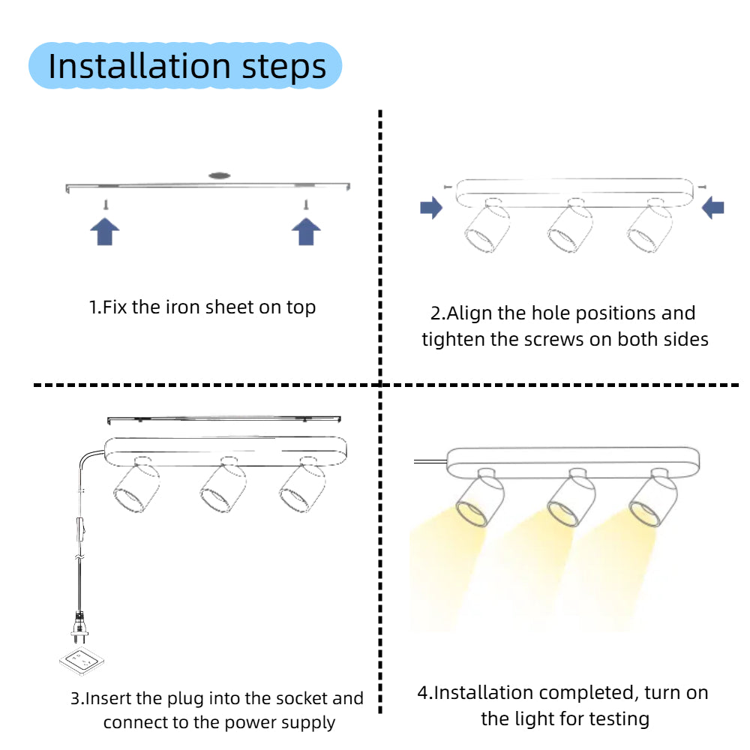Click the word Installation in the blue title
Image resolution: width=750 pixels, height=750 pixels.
[x=139, y=66]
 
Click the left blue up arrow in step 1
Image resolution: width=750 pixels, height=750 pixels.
[x=105, y=232]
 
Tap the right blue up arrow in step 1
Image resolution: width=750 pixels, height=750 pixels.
[x=306, y=232]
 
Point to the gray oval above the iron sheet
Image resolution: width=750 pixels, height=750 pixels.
[x=220, y=175]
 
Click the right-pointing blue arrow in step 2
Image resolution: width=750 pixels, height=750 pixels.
[x=431, y=208]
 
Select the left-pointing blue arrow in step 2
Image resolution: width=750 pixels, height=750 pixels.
[x=712, y=208]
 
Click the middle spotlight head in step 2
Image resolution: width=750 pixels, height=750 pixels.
[x=570, y=226]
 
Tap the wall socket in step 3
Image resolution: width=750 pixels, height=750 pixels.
[x=82, y=661]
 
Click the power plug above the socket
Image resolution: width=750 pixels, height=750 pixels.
[x=80, y=626]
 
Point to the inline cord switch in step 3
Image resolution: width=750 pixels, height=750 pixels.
[x=81, y=529]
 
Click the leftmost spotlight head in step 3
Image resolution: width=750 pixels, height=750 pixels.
[x=136, y=485]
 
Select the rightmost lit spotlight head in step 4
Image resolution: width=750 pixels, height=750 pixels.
[x=653, y=499]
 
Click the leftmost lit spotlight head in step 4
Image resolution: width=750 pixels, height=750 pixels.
[x=480, y=499]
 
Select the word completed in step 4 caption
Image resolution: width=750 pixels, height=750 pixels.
[x=589, y=693]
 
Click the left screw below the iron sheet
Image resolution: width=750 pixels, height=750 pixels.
[x=106, y=205]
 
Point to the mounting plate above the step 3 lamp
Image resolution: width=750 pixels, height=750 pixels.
[x=223, y=419]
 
